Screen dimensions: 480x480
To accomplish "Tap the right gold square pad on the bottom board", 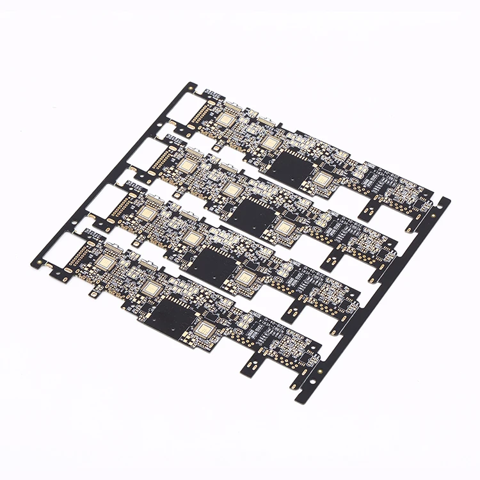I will coord(205,330).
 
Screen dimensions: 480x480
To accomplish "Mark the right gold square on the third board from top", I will coord(244,276).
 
